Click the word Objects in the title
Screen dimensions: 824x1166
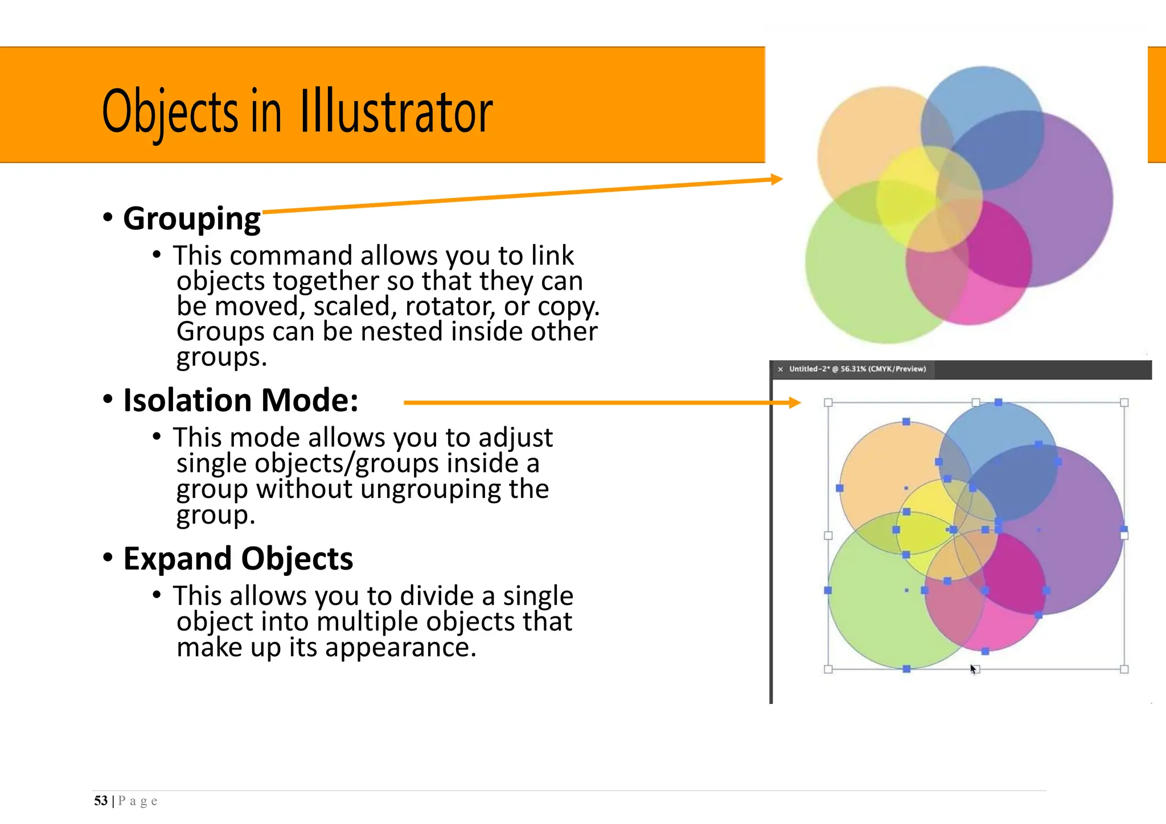pyautogui.click(x=170, y=112)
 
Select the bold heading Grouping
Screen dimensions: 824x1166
pyautogui.click(x=192, y=219)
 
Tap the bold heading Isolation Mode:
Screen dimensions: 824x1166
pyautogui.click(x=241, y=400)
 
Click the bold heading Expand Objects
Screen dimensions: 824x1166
pyautogui.click(x=238, y=558)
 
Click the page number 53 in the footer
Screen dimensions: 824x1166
pyautogui.click(x=101, y=801)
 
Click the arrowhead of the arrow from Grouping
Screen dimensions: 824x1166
pyautogui.click(x=777, y=179)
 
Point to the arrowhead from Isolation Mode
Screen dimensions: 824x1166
pyautogui.click(x=795, y=403)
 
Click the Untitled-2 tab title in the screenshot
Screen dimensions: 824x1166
pyautogui.click(x=857, y=369)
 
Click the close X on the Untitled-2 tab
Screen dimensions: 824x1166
pyautogui.click(x=780, y=369)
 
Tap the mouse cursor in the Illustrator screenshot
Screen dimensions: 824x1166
pyautogui.click(x=973, y=669)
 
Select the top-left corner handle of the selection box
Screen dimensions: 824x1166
pyautogui.click(x=828, y=403)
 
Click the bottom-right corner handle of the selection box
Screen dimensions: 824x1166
pyautogui.click(x=1124, y=669)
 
